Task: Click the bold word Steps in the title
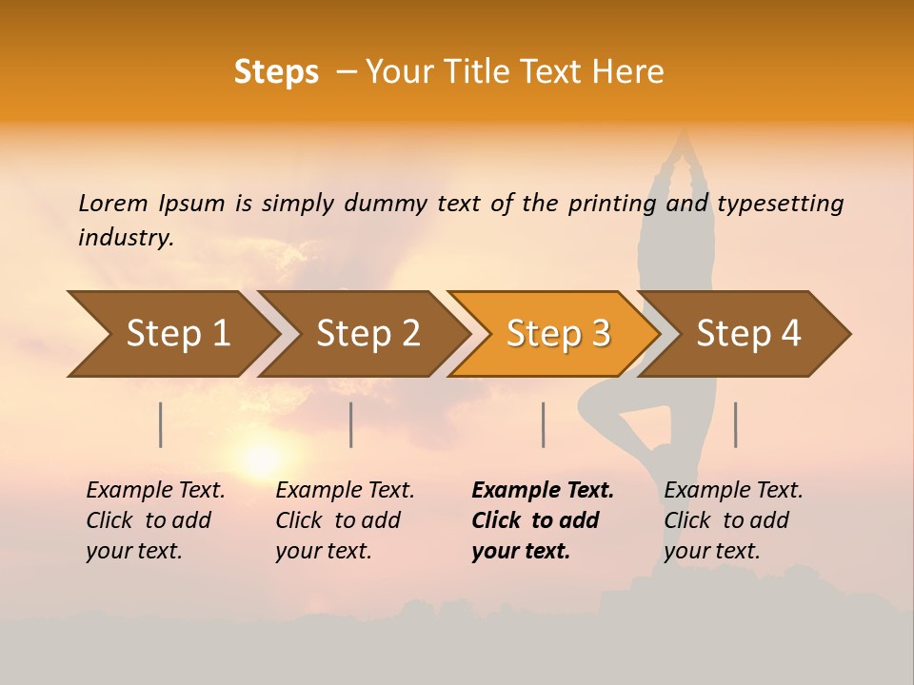click(x=276, y=71)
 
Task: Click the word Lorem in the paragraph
click(x=113, y=204)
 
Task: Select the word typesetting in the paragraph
click(x=780, y=204)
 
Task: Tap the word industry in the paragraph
click(x=125, y=237)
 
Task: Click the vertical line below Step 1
click(x=161, y=424)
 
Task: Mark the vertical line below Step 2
click(x=351, y=424)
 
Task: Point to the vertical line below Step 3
click(x=543, y=424)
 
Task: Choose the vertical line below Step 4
click(x=735, y=424)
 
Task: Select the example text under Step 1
click(x=155, y=520)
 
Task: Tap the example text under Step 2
click(x=345, y=520)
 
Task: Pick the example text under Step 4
click(x=733, y=520)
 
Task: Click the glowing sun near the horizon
click(x=260, y=460)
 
